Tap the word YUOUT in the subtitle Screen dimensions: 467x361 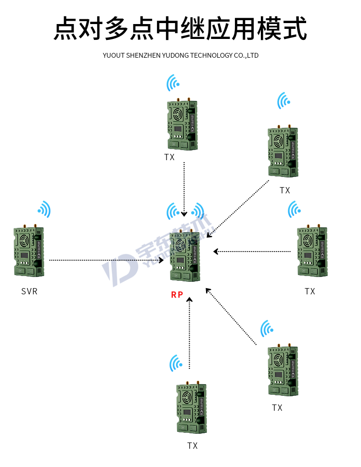coord(114,55)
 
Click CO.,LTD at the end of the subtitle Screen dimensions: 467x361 coord(245,55)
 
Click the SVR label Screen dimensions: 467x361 coord(29,291)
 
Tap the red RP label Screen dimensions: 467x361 coord(177,295)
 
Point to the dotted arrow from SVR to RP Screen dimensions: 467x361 coord(106,260)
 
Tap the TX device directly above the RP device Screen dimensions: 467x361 coord(182,125)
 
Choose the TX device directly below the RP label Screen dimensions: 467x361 coord(191,409)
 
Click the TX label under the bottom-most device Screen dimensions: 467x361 coord(193,446)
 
